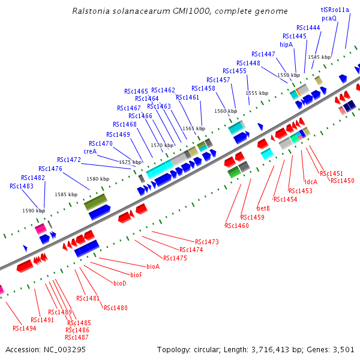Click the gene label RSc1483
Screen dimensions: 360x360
[22, 186]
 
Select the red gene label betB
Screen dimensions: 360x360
[263, 208]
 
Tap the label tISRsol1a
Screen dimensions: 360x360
[335, 10]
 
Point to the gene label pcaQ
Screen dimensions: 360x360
[329, 18]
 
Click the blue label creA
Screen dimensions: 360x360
[90, 151]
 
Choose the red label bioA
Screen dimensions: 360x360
[153, 266]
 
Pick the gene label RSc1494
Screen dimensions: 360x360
[25, 328]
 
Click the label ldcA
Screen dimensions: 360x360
[311, 182]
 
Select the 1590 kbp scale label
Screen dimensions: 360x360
[34, 211]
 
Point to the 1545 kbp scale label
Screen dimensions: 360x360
[319, 57]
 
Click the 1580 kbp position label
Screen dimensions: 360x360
[98, 179]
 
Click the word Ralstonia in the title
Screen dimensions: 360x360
[92, 11]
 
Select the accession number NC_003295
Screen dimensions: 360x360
[65, 349]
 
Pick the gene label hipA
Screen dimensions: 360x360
[286, 44]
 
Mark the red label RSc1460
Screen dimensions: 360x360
[237, 226]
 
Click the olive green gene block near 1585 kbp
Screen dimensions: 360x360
[95, 202]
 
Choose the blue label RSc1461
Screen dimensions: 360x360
[187, 97]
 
